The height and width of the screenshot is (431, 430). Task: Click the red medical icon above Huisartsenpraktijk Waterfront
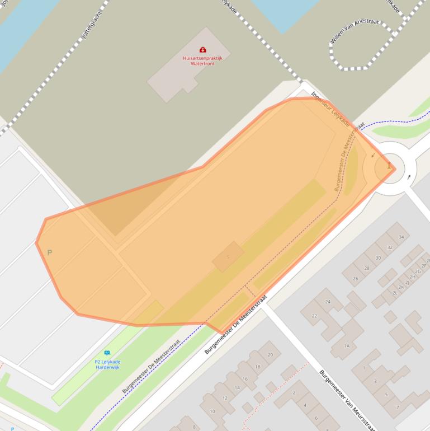coord(202,50)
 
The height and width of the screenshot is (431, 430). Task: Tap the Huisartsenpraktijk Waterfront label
coord(202,60)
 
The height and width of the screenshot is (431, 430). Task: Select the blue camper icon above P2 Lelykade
coord(107,353)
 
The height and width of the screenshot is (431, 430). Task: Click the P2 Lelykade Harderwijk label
coord(107,364)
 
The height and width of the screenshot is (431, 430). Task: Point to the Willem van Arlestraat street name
coord(355,31)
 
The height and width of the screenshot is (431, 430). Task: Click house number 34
coord(401,237)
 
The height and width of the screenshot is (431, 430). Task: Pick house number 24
coord(328,302)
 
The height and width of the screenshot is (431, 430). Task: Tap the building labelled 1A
coord(347,346)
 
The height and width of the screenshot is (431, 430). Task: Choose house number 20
coord(270,355)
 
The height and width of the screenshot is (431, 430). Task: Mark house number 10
coord(212,411)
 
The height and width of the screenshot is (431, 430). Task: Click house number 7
coord(398,407)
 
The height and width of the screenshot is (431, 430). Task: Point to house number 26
coord(355,278)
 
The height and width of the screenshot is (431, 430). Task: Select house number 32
coord(390,247)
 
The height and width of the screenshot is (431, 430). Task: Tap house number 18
coord(258,367)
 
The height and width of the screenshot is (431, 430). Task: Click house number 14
coord(237,388)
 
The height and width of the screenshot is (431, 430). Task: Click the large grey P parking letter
coord(49,253)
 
